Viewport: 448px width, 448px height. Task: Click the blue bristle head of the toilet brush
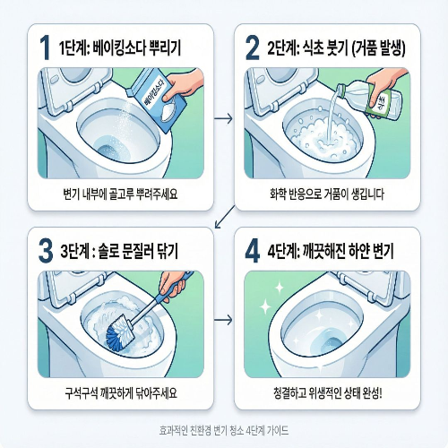tap(117, 337)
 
